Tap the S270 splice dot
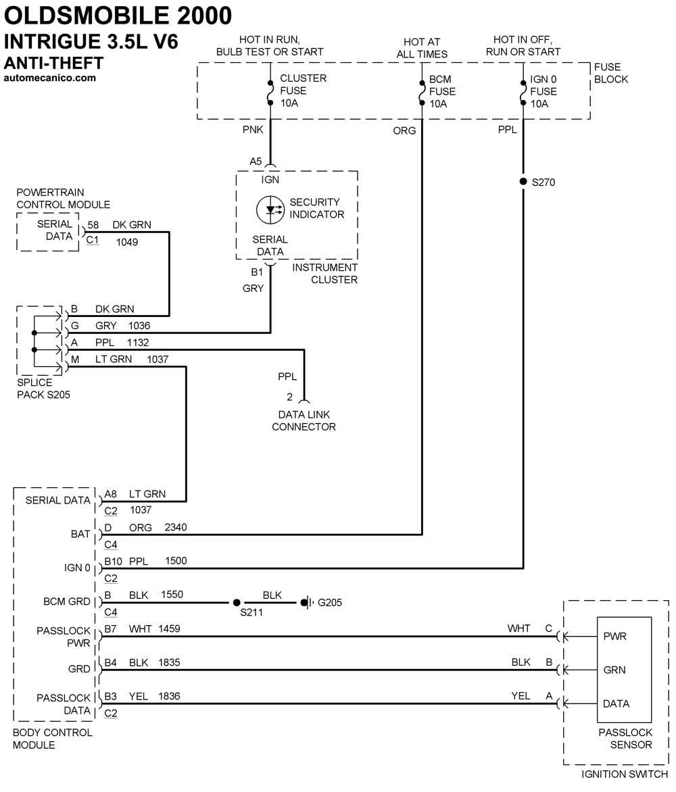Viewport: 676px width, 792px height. [x=523, y=182]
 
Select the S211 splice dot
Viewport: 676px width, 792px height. [x=237, y=602]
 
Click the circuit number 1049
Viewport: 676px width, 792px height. [x=127, y=241]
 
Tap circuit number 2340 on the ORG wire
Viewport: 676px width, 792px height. [x=176, y=527]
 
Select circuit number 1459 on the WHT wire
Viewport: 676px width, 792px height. [x=169, y=629]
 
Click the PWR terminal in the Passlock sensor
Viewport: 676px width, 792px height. [x=614, y=636]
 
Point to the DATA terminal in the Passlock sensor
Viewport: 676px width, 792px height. [x=616, y=703]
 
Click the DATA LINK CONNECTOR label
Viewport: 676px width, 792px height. [x=304, y=420]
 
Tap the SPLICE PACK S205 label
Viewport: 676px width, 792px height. [x=43, y=389]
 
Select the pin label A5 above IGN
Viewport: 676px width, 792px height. [x=256, y=162]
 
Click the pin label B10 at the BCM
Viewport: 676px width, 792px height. [x=113, y=561]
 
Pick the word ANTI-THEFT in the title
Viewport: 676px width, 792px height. [x=54, y=64]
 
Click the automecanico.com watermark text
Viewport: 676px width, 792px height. [x=50, y=78]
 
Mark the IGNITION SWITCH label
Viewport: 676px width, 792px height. [x=625, y=774]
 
